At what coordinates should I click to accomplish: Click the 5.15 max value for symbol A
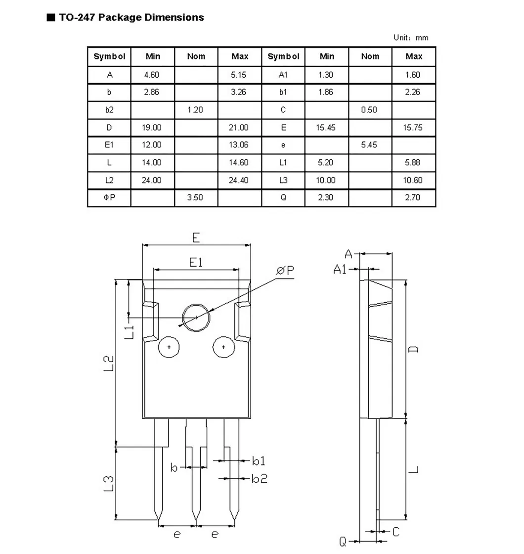point(238,75)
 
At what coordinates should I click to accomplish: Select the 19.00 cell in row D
point(151,128)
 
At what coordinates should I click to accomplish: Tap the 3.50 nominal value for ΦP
point(195,197)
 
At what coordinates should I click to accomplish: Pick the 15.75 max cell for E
point(413,128)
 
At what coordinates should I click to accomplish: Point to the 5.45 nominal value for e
point(369,145)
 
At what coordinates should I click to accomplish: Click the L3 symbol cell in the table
point(284,180)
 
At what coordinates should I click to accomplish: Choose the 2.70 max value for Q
point(412,197)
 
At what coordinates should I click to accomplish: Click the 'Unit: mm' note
point(411,38)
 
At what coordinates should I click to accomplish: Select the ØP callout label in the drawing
point(285,271)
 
